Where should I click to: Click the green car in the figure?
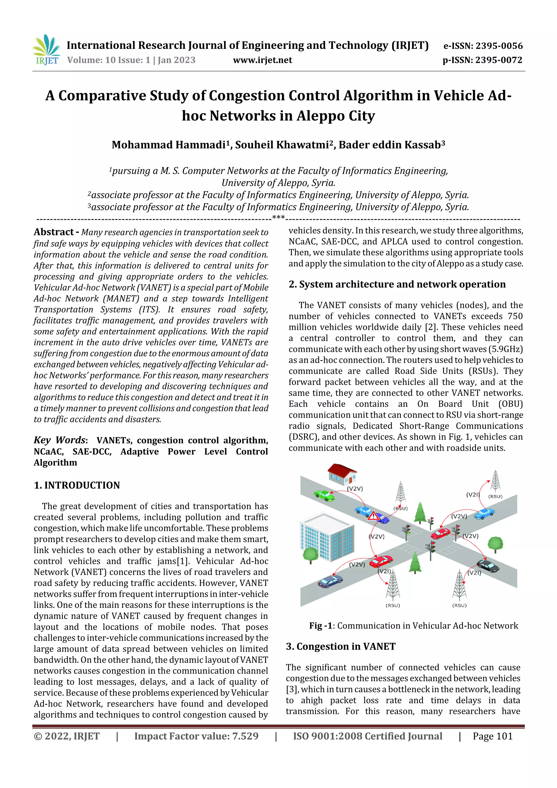click(324, 495)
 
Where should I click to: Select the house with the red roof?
click(342, 473)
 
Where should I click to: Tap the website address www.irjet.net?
click(262, 60)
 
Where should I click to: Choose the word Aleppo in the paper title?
click(321, 116)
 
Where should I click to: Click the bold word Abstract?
click(54, 232)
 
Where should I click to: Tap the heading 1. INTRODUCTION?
click(77, 485)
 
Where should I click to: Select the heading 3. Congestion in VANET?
click(341, 646)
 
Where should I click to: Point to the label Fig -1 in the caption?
click(321, 625)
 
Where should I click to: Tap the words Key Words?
click(59, 440)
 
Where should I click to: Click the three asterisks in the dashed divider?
click(278, 218)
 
